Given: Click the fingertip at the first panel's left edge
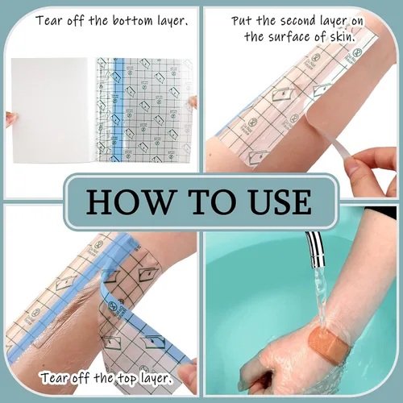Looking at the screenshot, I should click(10, 115).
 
